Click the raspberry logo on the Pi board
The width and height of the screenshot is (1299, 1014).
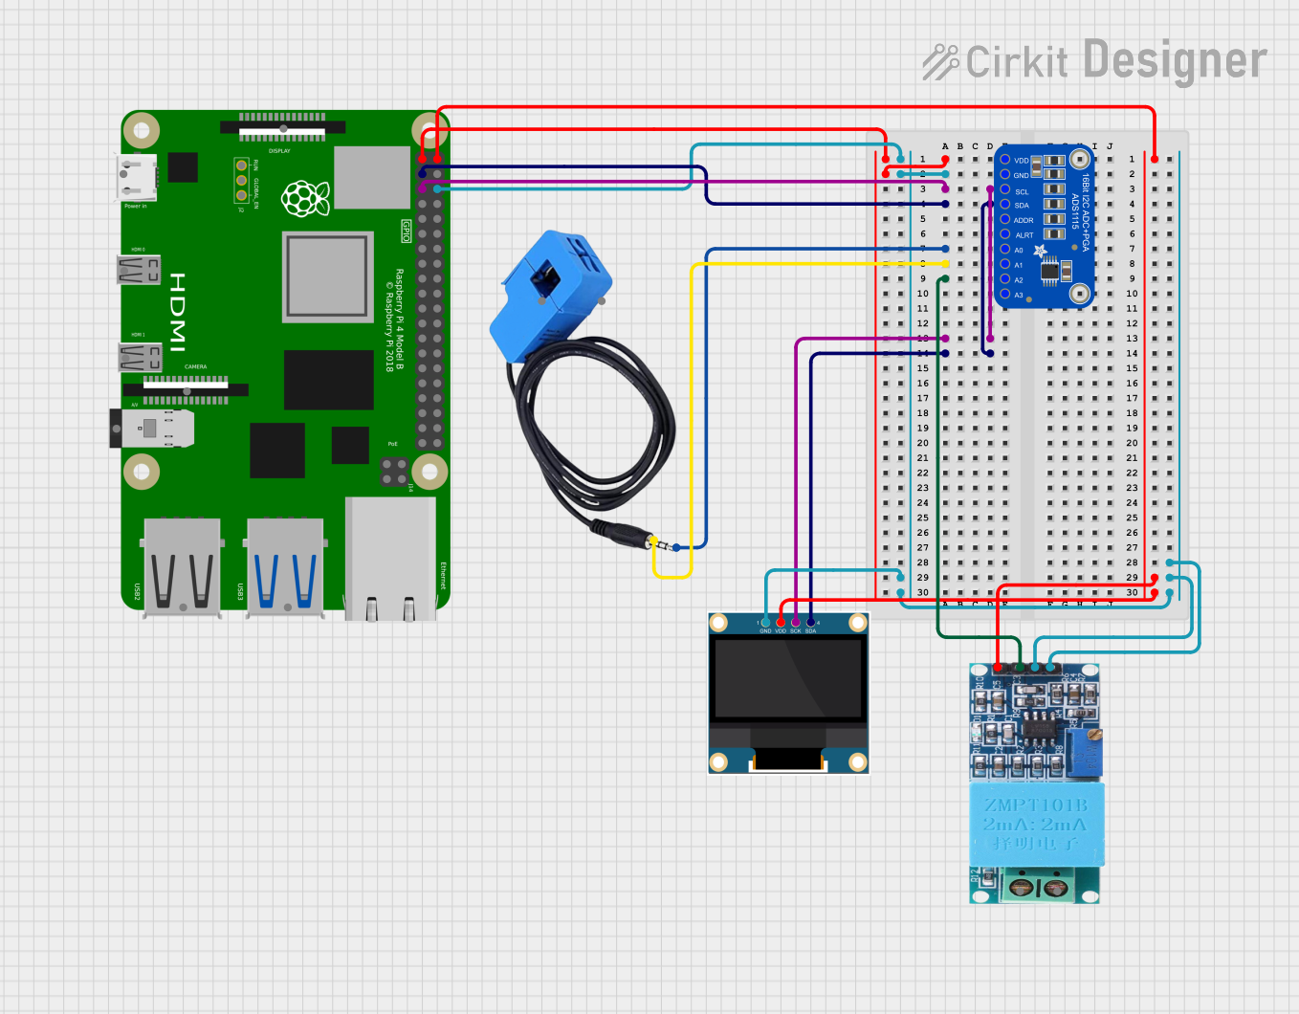click(305, 198)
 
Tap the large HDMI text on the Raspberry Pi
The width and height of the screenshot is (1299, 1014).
click(178, 312)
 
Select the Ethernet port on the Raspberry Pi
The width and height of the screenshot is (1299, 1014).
click(390, 560)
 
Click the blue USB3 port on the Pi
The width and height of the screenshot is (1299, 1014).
click(285, 566)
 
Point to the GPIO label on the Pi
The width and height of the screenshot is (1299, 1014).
click(406, 231)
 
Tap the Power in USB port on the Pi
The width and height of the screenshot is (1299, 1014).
click(135, 177)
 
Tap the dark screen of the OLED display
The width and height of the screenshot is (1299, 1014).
click(788, 678)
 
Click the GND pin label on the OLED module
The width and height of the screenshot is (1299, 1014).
click(765, 631)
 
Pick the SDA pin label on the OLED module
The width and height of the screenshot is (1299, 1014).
click(811, 631)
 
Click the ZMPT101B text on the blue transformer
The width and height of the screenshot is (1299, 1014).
click(1036, 805)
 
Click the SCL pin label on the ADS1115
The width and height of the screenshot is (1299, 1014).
click(1022, 191)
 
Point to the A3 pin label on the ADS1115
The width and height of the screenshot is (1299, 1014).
click(1019, 296)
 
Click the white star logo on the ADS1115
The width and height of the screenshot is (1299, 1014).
click(1040, 252)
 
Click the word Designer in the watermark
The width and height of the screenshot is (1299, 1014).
click(1176, 61)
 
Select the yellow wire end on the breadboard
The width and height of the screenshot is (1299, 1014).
click(945, 264)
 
